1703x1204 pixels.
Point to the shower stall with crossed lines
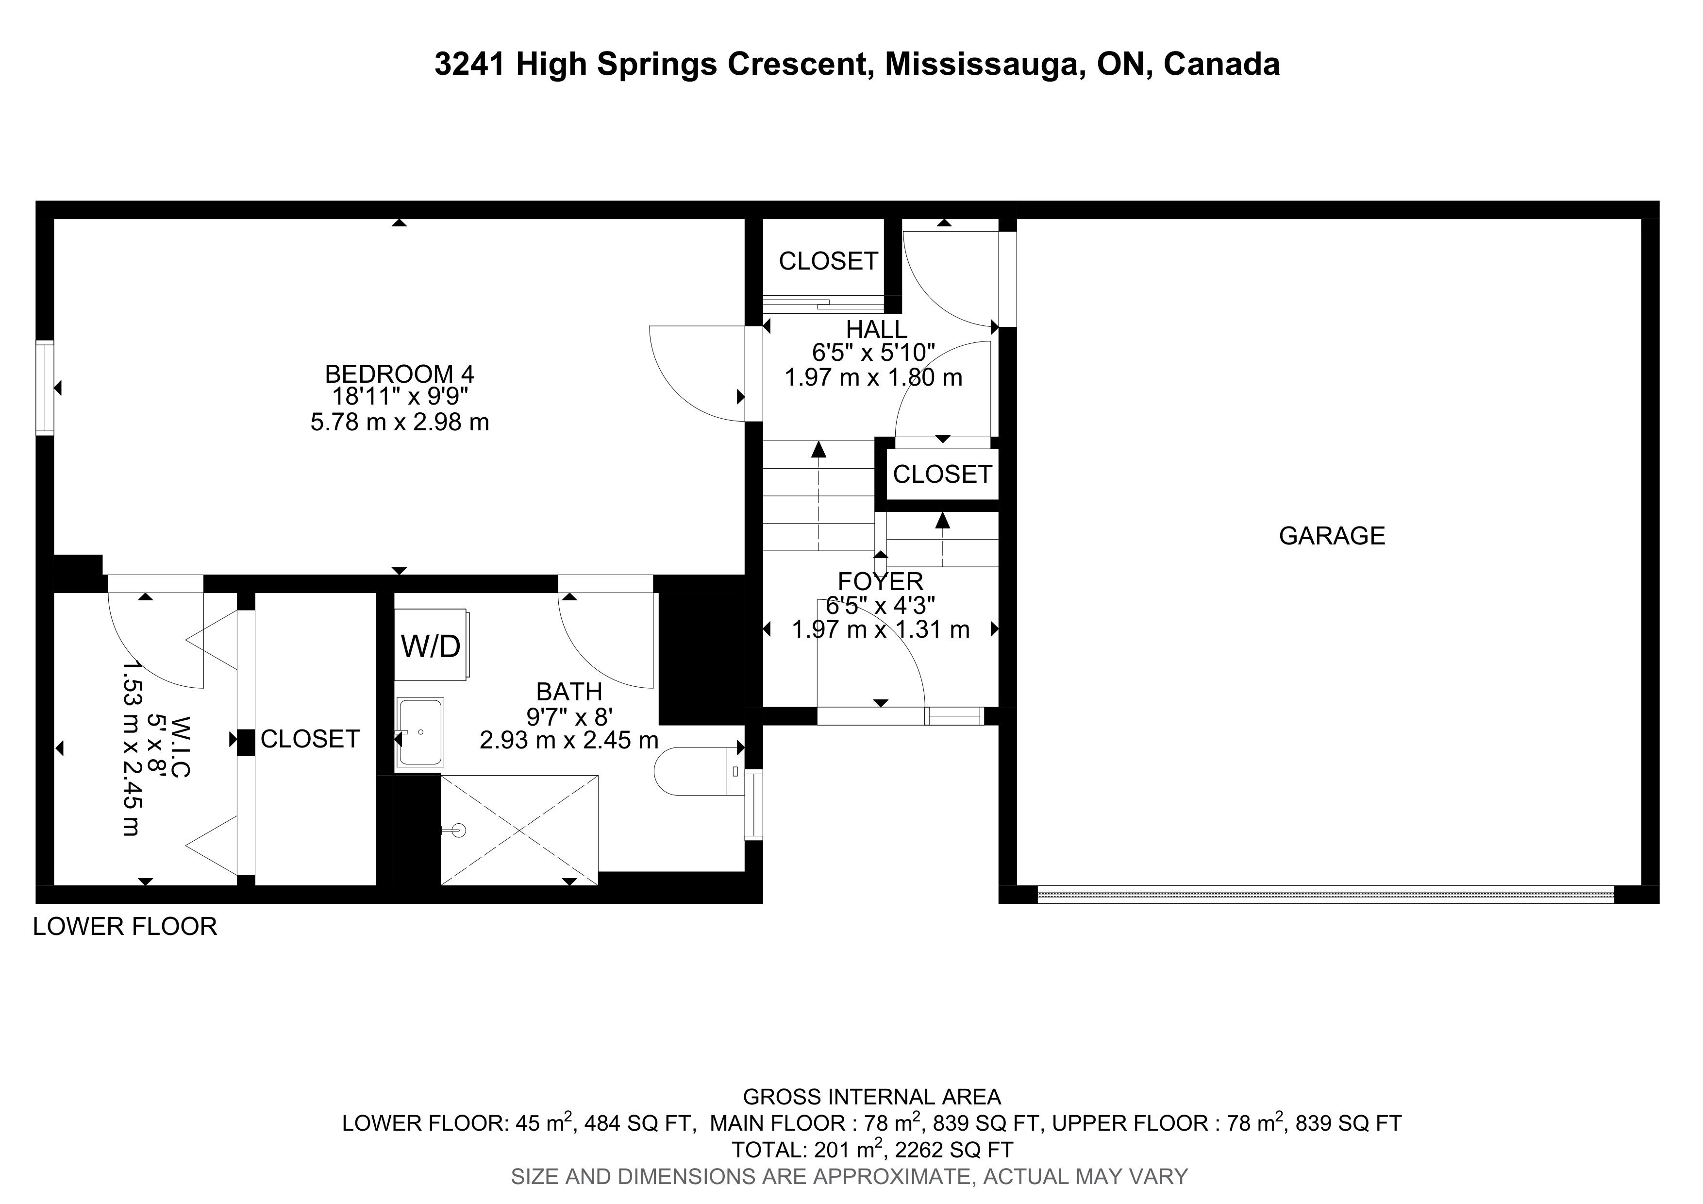click(x=519, y=830)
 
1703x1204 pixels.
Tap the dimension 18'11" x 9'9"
click(x=400, y=398)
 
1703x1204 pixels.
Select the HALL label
click(x=877, y=329)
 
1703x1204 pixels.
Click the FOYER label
click(x=881, y=581)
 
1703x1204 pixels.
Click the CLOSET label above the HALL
click(x=829, y=261)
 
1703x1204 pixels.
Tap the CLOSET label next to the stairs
click(x=942, y=474)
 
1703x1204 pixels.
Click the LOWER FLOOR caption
click(x=125, y=927)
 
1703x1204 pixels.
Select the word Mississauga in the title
click(x=981, y=65)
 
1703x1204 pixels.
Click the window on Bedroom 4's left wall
click(x=45, y=387)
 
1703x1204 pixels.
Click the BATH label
click(x=569, y=692)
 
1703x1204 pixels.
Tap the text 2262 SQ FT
click(x=954, y=1150)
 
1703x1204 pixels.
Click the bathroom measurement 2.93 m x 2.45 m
click(x=569, y=740)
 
